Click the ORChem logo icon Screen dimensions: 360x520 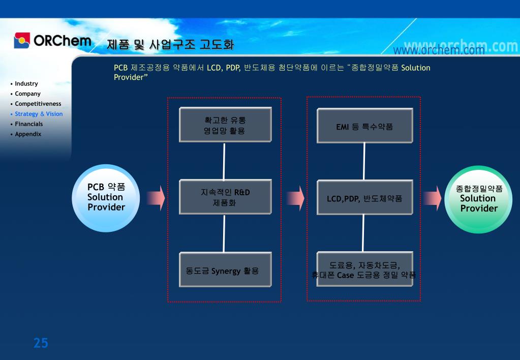pos(22,40)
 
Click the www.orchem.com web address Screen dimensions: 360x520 pos(438,50)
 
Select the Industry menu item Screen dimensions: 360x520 pos(26,83)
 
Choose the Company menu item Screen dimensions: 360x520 pos(28,94)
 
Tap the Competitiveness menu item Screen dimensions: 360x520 pos(38,104)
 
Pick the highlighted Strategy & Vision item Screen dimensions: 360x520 pos(39,114)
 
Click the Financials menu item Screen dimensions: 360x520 pos(29,124)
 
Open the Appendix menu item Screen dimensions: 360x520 pos(28,134)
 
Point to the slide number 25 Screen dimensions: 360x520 pos(41,343)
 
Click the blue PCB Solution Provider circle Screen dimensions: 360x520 pos(106,198)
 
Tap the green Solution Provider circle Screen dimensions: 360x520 pos(478,199)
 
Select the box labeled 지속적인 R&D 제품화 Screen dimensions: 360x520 pos(225,197)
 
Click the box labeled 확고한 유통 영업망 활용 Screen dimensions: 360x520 pos(225,126)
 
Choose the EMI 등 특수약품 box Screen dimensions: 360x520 pos(364,126)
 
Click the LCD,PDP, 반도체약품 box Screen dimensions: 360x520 pos(364,198)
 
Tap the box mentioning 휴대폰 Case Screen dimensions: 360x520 pos(364,269)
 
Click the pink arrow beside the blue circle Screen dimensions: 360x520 pos(156,198)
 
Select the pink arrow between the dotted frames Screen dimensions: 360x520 pos(295,198)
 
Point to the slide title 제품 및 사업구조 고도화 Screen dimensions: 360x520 pos(171,45)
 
